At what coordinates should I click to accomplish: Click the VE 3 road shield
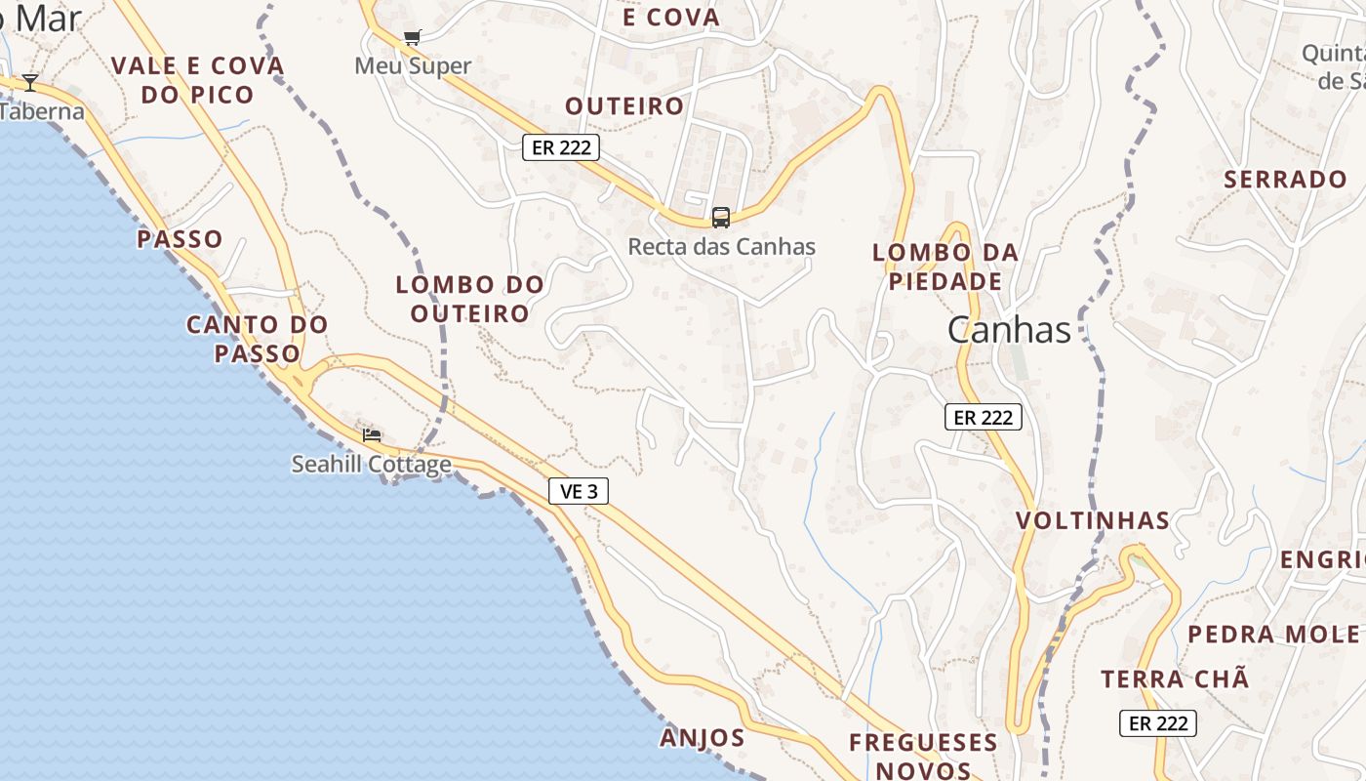pos(579,491)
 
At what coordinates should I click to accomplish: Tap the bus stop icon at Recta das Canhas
pos(721,217)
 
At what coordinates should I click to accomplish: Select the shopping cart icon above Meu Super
pos(412,38)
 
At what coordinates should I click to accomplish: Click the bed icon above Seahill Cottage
pos(372,434)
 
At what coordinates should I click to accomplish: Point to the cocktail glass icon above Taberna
pos(30,82)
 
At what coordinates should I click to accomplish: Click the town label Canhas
pos(1009,330)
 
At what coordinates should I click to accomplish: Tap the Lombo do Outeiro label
pos(469,299)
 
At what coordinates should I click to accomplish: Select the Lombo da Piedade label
pos(944,267)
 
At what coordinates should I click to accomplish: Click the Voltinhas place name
pos(1093,520)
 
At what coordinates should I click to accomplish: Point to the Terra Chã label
pos(1175,678)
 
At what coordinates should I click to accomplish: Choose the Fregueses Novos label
pos(923,756)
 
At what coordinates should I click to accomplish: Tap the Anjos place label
pos(703,737)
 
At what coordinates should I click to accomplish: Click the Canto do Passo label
pos(258,338)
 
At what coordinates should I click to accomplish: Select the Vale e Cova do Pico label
pos(198,80)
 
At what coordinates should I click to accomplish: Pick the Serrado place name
pos(1285,180)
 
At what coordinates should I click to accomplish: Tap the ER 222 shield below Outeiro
pos(560,147)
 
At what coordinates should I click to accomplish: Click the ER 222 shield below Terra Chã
pos(1157,723)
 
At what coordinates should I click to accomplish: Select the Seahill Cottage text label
pos(372,464)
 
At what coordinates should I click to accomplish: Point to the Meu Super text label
pos(413,66)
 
